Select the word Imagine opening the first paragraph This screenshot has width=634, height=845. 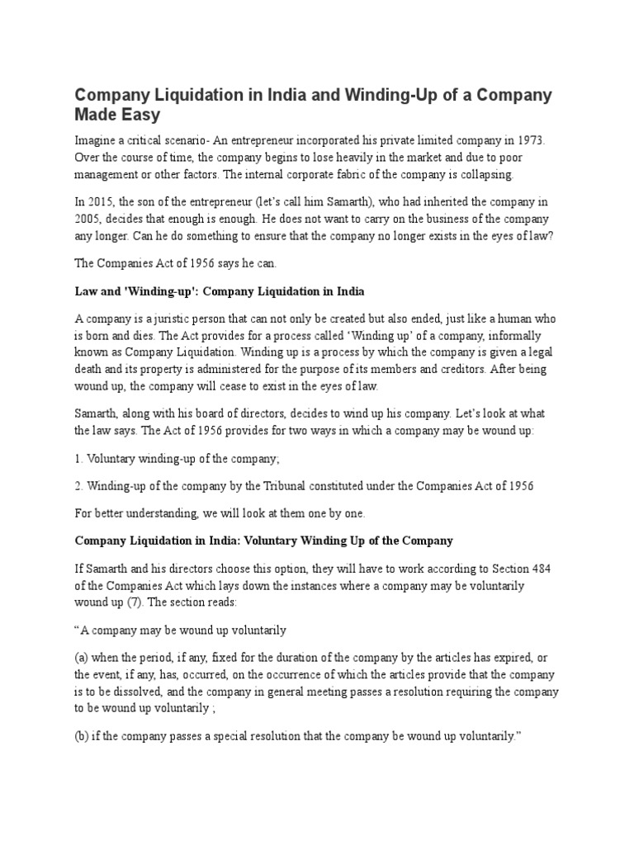[97, 141]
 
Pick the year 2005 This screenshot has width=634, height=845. [89, 219]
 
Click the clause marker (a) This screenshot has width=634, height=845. [83, 658]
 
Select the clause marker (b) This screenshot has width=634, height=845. [83, 735]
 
